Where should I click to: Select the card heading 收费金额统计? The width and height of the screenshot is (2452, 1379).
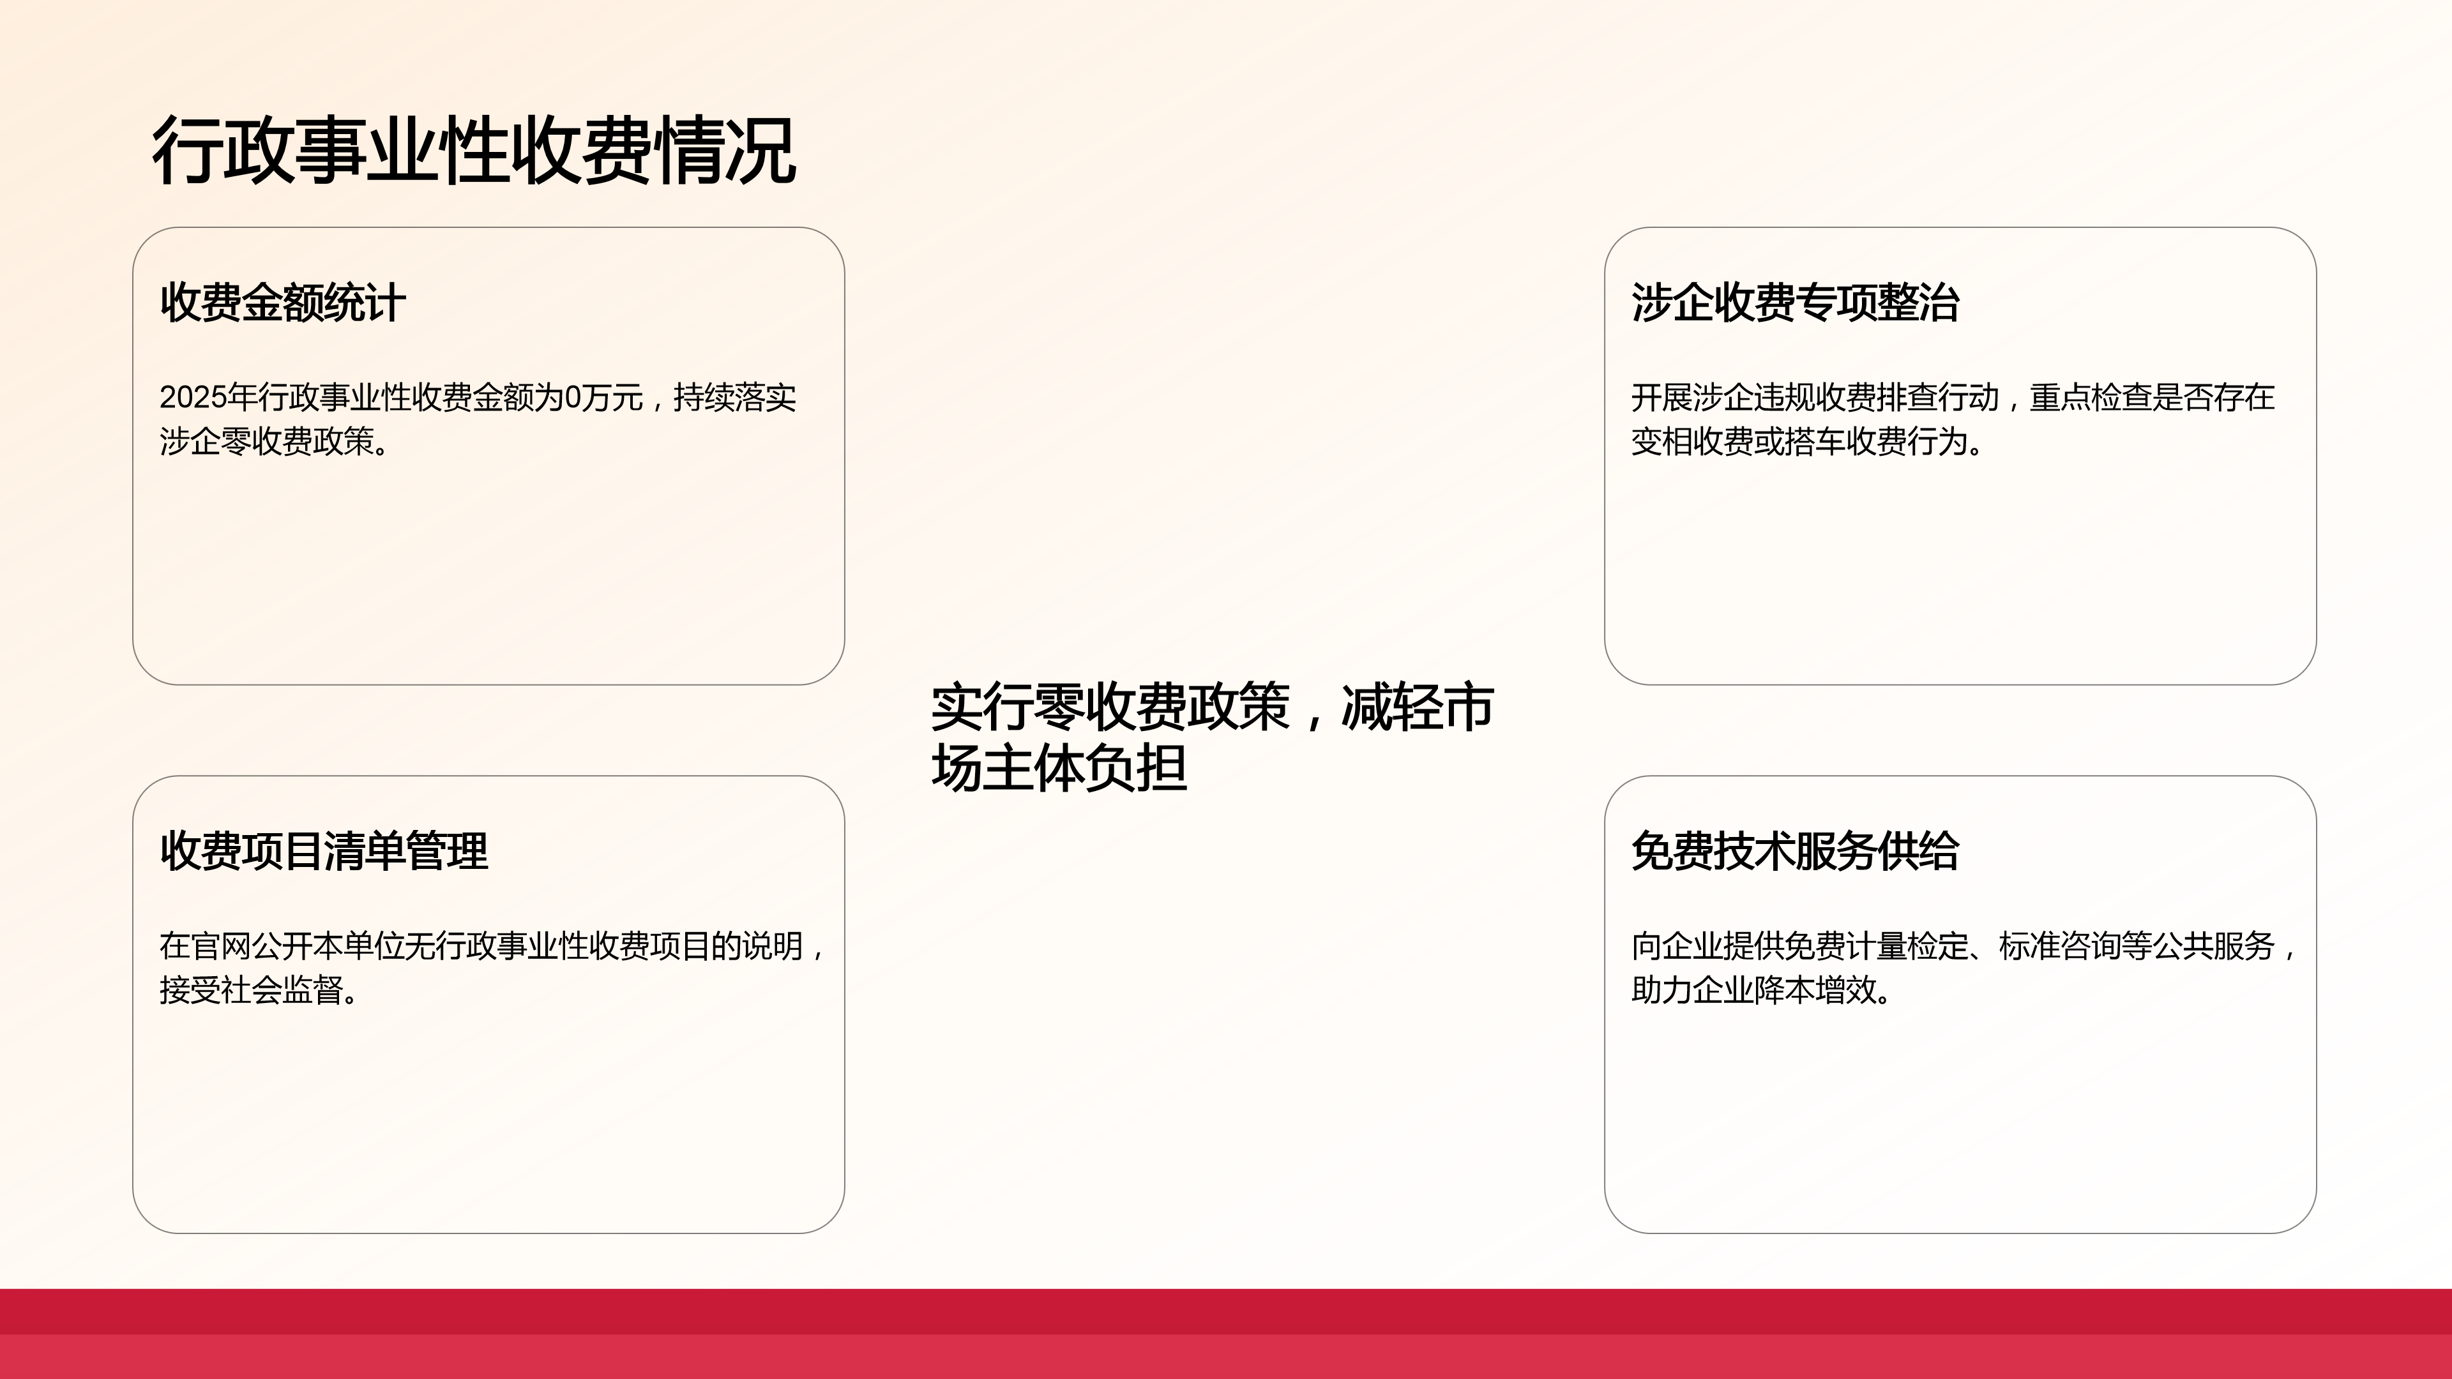coord(283,303)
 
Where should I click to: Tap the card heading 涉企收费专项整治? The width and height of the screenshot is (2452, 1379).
coord(1795,303)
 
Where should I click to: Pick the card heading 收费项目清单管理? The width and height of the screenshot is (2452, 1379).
coord(324,851)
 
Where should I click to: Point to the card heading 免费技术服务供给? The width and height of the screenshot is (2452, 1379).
coord(1795,851)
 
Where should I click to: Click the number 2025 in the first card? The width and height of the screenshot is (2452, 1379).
coord(193,397)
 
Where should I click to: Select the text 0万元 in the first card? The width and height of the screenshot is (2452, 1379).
coord(603,397)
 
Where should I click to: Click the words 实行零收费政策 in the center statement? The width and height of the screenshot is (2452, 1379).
coord(1110,707)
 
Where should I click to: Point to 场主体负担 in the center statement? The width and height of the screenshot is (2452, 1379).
coord(1059,767)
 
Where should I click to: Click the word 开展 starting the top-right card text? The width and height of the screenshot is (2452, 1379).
coord(1662,397)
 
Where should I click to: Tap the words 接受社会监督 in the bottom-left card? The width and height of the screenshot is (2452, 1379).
coord(252,990)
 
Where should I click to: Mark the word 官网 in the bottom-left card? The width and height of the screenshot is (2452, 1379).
coord(221,946)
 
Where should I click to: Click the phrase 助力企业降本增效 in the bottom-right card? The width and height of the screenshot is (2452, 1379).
coord(1754,990)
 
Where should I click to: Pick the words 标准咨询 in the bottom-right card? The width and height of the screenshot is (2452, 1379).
coord(2060,946)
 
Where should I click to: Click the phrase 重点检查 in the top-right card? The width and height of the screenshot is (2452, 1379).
coord(2091,397)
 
